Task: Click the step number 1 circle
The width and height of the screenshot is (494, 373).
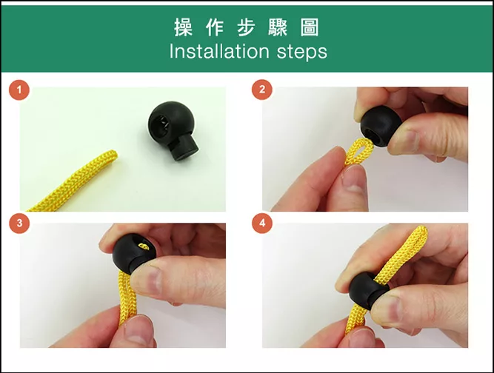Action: [19, 90]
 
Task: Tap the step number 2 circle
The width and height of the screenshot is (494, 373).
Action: [261, 90]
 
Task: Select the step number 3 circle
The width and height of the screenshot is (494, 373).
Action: [19, 224]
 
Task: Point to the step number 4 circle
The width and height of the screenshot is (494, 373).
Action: [262, 224]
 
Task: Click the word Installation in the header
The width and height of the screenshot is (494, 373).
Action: [219, 51]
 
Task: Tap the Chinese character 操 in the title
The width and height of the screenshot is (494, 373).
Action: [183, 27]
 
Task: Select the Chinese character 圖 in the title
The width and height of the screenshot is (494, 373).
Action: [310, 27]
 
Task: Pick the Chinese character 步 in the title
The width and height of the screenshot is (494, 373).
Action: [246, 27]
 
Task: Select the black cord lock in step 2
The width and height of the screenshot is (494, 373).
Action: [381, 126]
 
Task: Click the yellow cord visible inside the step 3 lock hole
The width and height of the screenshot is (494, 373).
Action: [144, 247]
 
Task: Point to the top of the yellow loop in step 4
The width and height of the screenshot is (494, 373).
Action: [420, 230]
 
